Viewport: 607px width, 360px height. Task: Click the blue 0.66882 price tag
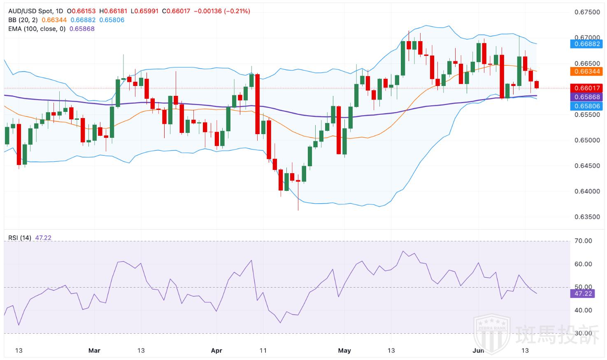pos(586,44)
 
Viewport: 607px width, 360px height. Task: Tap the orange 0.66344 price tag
pos(586,72)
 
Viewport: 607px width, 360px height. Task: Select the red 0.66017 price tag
pos(586,88)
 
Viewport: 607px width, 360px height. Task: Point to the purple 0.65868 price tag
pos(586,97)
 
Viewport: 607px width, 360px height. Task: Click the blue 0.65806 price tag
pos(586,106)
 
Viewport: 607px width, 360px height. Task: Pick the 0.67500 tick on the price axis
pos(587,12)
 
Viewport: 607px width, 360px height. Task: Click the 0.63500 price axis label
pos(587,217)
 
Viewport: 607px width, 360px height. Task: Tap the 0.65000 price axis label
pos(587,140)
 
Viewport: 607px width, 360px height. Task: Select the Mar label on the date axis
pos(94,351)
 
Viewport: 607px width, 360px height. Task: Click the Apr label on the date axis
pos(216,351)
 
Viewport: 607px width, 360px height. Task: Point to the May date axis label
pos(344,351)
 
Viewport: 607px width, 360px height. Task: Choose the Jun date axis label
pos(478,351)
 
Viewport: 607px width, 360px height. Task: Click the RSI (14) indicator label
pos(20,238)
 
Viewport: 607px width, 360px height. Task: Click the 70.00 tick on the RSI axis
pos(583,241)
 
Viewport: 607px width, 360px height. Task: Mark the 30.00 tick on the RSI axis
pos(583,334)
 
